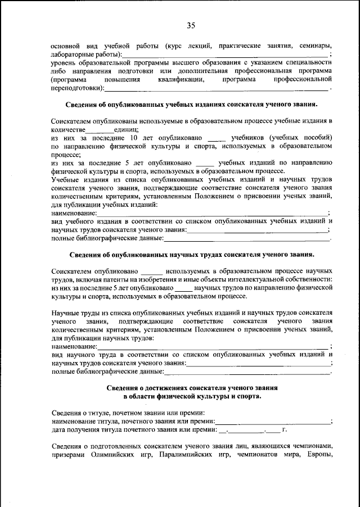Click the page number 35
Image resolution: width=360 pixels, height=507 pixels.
[190, 25]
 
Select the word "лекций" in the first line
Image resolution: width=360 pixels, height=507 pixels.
[199, 45]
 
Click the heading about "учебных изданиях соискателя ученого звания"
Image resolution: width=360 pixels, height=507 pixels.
[191, 105]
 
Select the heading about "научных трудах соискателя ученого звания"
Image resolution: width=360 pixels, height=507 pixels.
[191, 255]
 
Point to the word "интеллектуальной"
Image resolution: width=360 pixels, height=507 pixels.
[270, 279]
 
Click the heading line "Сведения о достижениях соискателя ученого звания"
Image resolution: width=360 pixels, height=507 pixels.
[191, 388]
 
